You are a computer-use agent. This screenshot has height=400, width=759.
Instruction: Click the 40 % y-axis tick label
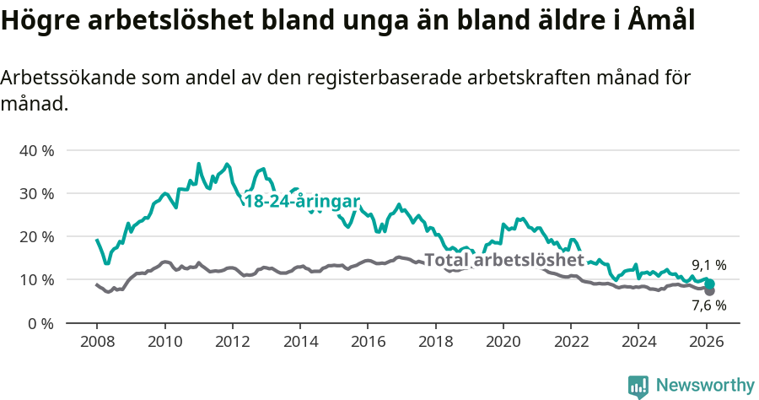36,150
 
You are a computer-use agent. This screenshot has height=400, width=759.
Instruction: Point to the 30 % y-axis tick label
36,193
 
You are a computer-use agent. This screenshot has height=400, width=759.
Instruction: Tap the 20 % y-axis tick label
36,236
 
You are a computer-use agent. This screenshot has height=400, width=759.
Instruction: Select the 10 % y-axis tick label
36,279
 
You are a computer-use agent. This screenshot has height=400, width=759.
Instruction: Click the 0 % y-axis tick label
40,323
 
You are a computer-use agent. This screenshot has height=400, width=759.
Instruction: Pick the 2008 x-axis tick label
97,343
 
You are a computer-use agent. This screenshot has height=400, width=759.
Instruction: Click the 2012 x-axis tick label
232,343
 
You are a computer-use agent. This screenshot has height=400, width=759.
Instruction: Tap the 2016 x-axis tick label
368,343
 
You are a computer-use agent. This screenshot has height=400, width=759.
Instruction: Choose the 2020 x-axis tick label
503,343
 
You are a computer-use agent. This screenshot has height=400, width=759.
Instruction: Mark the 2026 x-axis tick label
706,343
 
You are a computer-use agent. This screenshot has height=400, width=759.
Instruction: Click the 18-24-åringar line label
301,201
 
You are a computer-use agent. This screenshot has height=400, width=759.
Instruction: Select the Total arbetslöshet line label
503,260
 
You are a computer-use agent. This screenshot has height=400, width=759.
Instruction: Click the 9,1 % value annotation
709,265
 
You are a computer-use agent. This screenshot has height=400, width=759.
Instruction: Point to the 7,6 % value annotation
709,305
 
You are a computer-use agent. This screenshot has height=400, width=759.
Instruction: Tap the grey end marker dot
709,290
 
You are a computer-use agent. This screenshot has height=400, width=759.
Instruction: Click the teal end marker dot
710,284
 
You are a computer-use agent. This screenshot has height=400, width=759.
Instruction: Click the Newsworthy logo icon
638,386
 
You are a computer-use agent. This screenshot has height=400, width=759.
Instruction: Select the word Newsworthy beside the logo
705,386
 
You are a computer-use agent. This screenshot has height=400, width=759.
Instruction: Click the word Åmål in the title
662,21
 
